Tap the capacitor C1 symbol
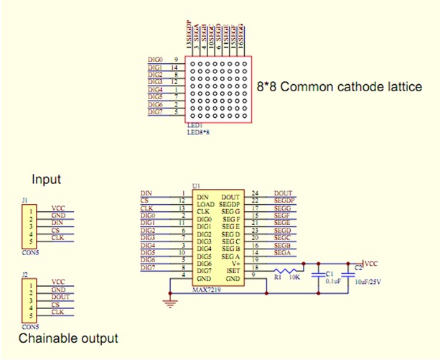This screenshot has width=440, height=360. click(x=318, y=273)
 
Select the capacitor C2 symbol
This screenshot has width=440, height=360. click(x=350, y=273)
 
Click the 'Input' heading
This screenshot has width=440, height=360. click(x=46, y=180)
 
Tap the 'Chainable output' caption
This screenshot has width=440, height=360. click(x=67, y=338)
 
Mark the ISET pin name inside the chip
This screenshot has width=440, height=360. click(x=231, y=270)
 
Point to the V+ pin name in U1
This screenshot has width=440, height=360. click(x=234, y=263)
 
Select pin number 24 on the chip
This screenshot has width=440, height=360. click(x=256, y=193)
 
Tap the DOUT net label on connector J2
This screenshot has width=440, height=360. click(x=62, y=297)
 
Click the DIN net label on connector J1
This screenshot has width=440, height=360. click(x=57, y=222)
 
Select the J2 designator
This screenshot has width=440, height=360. click(x=25, y=274)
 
